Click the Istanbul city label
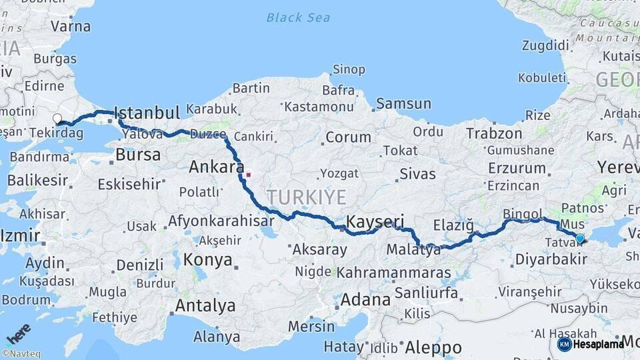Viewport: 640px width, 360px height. click(147, 112)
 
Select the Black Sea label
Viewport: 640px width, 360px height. click(298, 17)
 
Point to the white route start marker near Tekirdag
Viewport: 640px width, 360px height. click(57, 119)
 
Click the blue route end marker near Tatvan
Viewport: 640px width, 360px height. click(579, 239)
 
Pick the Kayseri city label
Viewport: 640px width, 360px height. click(375, 221)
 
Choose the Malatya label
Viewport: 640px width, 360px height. click(414, 251)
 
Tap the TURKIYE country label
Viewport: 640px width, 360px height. click(307, 197)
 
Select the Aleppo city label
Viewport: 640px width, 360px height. click(433, 347)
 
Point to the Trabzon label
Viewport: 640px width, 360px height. click(494, 133)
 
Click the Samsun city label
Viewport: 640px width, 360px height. click(403, 103)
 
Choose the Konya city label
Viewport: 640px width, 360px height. click(208, 259)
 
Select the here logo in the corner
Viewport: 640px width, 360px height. click(18, 334)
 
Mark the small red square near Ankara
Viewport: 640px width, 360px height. click(248, 175)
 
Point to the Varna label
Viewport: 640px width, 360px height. click(70, 27)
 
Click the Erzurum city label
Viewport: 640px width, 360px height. click(517, 167)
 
